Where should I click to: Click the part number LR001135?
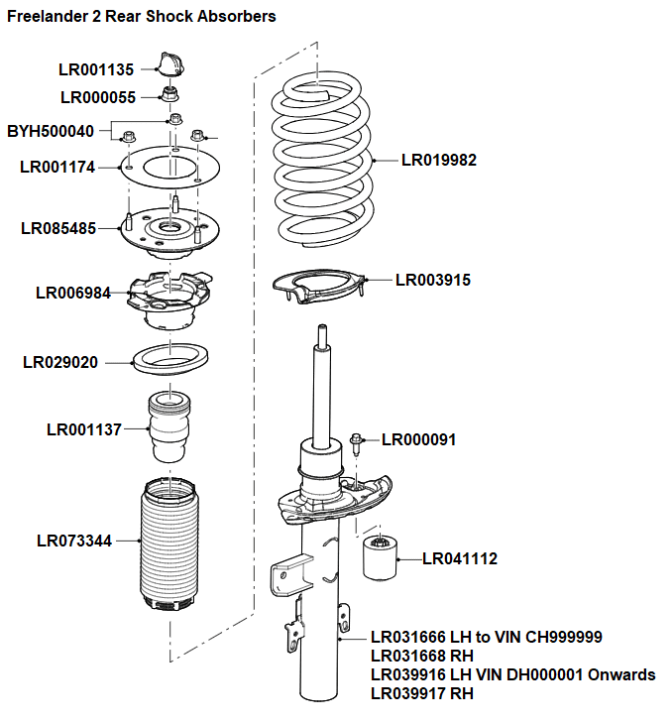point(95,69)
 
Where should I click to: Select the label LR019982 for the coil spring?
point(438,160)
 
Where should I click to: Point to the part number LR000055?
point(97,97)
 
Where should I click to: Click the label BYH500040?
point(51,131)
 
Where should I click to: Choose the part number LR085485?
point(58,228)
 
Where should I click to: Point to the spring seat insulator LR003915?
point(318,288)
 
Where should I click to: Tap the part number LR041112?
point(460,559)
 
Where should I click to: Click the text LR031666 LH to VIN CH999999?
point(486,637)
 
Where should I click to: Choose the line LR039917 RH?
point(421,693)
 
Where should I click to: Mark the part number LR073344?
point(74,541)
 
